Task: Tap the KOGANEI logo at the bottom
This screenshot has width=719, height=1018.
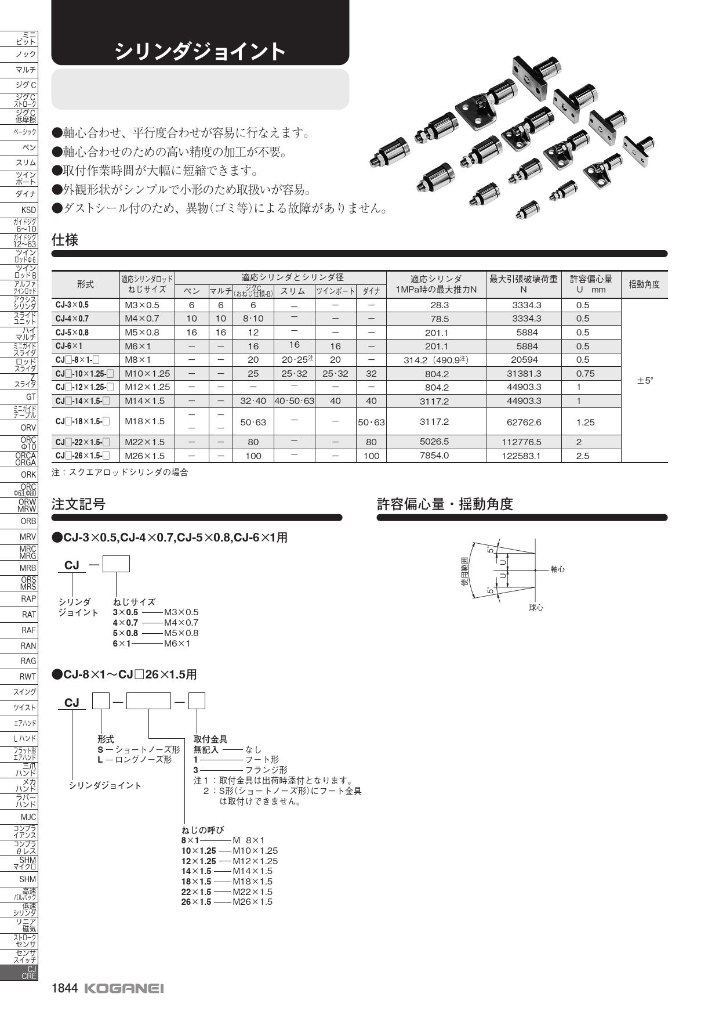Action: (124, 988)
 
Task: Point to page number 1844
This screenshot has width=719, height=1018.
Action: (64, 988)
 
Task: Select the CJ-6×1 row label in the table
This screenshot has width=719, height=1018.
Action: (69, 346)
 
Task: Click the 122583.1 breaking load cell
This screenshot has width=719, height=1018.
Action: (523, 456)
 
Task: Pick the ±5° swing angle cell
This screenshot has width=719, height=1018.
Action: (645, 381)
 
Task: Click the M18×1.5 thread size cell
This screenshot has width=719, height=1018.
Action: (145, 421)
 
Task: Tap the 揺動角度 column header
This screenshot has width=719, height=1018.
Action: (644, 284)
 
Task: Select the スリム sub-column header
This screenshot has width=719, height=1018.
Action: (293, 291)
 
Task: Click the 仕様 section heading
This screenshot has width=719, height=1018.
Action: (65, 240)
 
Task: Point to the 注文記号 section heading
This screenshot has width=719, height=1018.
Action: (79, 504)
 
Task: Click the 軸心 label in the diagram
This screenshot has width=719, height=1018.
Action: (557, 569)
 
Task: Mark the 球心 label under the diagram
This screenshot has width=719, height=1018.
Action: (536, 607)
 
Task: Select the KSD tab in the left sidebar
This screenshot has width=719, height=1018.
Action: (28, 210)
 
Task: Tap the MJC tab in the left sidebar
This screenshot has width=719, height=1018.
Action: (28, 817)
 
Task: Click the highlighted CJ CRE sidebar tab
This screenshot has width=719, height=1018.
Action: (27, 973)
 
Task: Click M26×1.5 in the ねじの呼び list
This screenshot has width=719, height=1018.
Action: (252, 901)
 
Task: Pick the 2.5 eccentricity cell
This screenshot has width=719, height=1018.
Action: (583, 456)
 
